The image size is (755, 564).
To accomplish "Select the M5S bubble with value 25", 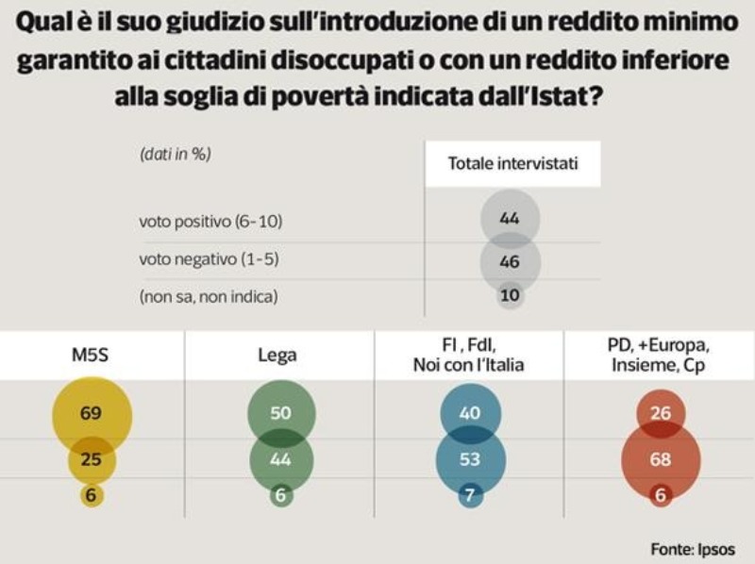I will tap(92, 460).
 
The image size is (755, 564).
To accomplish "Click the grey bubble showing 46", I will tap(510, 261).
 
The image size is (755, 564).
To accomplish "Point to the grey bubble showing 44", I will tap(510, 219).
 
